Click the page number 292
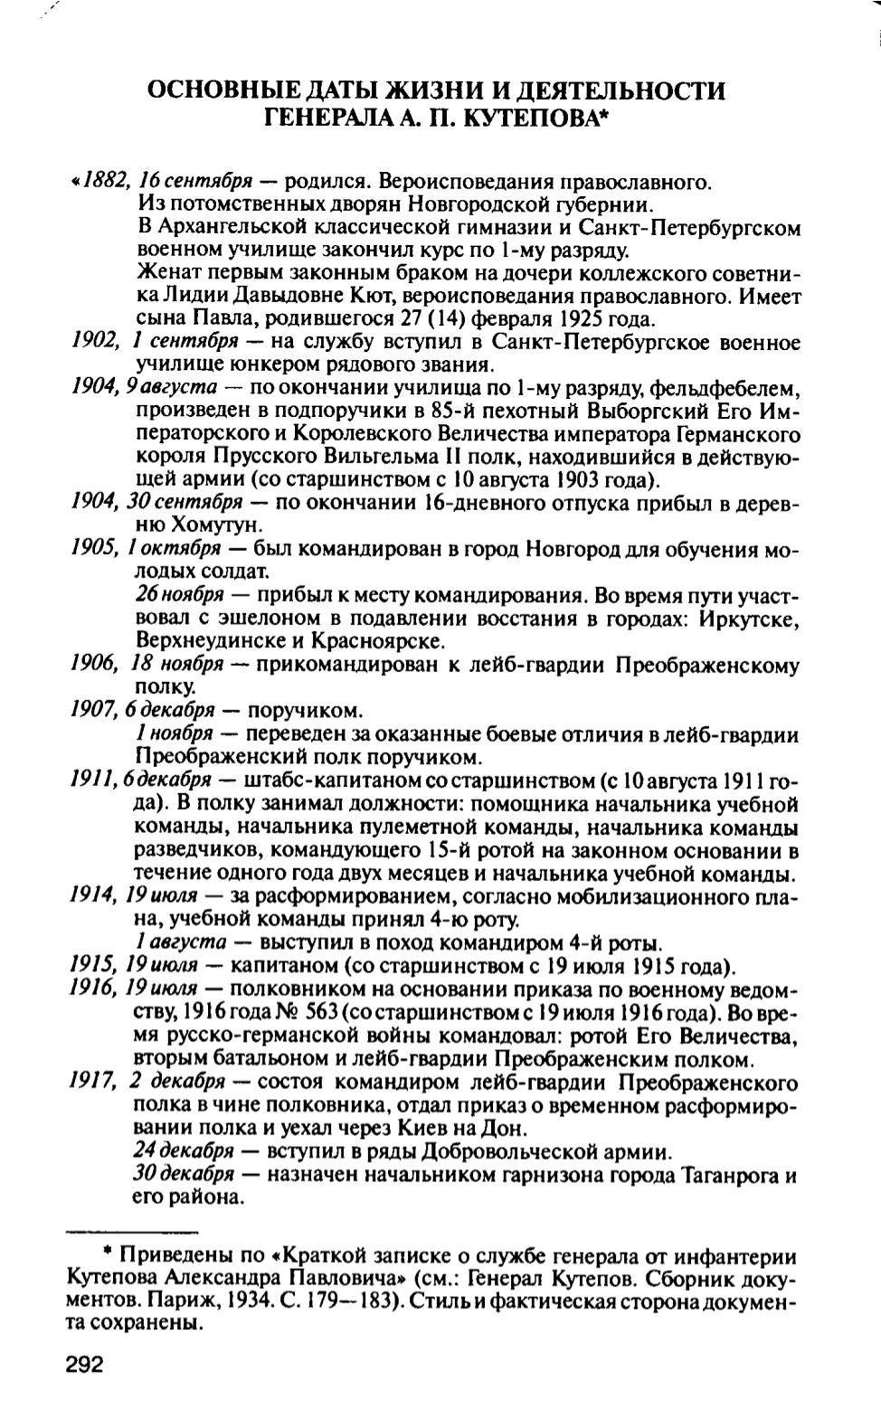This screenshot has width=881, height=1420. click(85, 1364)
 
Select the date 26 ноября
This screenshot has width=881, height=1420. click(180, 595)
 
